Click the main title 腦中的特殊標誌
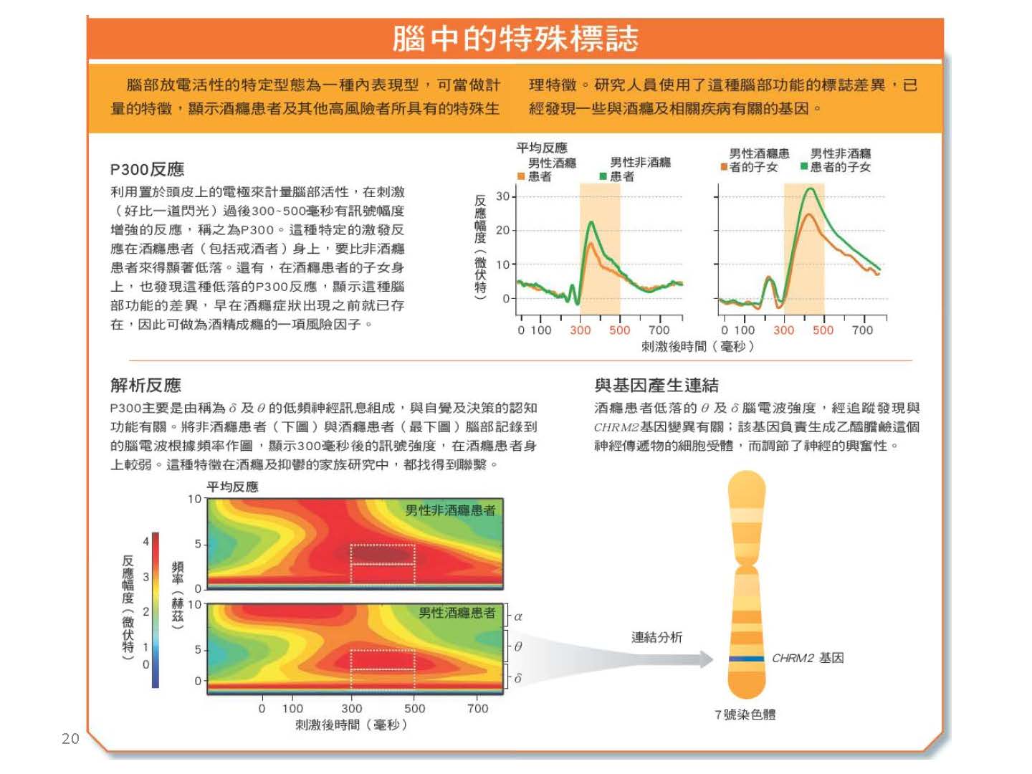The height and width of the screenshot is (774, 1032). pos(515,39)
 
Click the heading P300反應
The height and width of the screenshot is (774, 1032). pos(147,169)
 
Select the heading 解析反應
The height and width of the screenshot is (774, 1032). pos(145,385)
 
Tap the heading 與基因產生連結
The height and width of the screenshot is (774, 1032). pos(656,385)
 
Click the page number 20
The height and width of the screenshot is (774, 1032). pos(70,739)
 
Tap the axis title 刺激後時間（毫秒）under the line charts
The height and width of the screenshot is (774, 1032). pos(697,347)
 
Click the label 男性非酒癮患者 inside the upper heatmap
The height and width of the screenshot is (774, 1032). pos(450,510)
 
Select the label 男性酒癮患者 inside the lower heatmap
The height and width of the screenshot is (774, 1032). pos(457,613)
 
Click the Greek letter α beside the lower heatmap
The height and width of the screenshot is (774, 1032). pos(518,616)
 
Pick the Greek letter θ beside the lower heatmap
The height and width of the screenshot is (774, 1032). pos(518,646)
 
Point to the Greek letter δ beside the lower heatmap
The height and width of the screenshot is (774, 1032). pos(518,678)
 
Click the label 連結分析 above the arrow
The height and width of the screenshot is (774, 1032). pos(656,637)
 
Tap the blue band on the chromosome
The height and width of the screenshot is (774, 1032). pos(746,659)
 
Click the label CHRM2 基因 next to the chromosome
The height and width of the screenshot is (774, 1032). pos(807,658)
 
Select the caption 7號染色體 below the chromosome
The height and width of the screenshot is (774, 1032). pos(745,715)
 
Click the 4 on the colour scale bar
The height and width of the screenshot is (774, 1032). pos(145,541)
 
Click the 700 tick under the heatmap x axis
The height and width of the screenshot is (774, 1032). pos(477,709)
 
